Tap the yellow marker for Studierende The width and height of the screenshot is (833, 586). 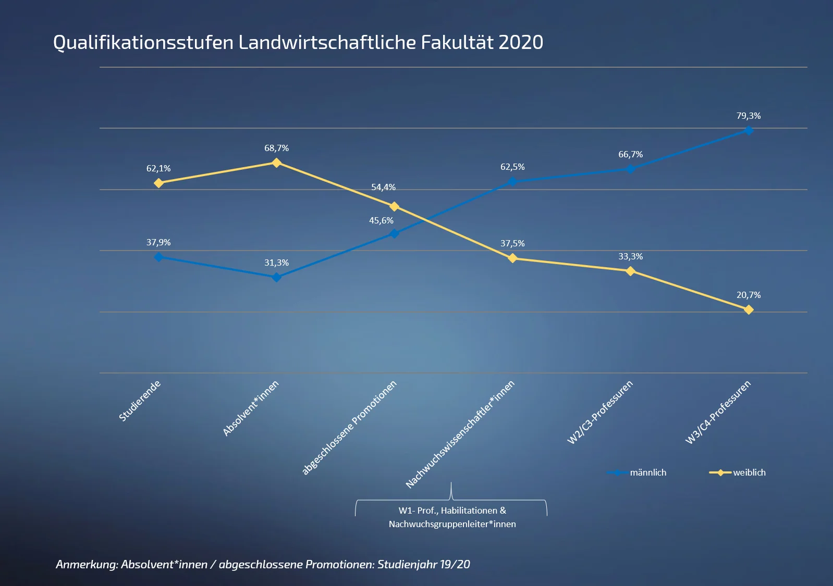point(159,183)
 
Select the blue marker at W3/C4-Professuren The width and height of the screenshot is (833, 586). point(749,130)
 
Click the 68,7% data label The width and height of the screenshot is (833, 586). point(276,148)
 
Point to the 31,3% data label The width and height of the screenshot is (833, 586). point(276,263)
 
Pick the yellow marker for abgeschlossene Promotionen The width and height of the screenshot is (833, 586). point(395,207)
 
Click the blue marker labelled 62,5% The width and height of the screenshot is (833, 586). point(512,181)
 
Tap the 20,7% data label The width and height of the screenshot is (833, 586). point(749,295)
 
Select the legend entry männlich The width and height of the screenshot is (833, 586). point(647,472)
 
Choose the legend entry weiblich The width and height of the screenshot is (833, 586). point(749,472)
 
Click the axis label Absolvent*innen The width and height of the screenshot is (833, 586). point(251,408)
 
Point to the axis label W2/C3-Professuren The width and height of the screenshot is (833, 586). point(600,412)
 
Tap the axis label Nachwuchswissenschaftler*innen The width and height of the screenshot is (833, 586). point(460,434)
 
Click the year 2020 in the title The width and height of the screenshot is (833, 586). point(521,43)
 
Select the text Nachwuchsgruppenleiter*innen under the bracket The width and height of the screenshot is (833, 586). point(452,524)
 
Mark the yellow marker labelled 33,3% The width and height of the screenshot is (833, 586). point(630,271)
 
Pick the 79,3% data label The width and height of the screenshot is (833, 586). point(749,116)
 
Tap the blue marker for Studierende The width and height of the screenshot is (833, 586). point(159,257)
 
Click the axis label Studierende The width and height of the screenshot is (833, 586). point(140,401)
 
